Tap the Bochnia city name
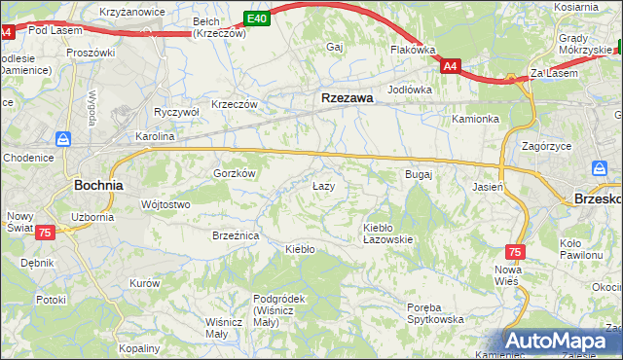click(98, 184)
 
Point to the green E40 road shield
click(255, 18)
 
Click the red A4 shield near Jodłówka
click(450, 66)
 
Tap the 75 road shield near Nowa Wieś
click(515, 251)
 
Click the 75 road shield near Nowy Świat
click(45, 234)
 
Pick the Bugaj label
click(418, 174)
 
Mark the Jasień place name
click(487, 186)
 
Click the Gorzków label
click(234, 173)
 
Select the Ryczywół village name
click(176, 112)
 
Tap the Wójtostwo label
click(165, 204)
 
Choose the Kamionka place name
click(475, 119)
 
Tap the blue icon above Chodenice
click(64, 139)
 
